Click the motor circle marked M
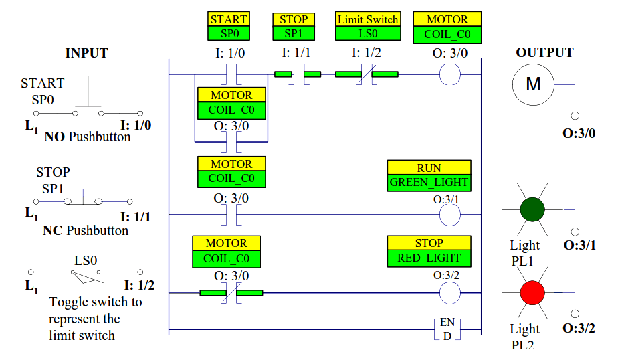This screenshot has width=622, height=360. pyautogui.click(x=533, y=84)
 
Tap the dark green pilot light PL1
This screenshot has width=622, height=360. pyautogui.click(x=532, y=209)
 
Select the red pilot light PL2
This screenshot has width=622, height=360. pyautogui.click(x=532, y=292)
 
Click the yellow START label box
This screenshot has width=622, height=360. pyautogui.click(x=229, y=19)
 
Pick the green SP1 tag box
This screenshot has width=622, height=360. pyautogui.click(x=294, y=33)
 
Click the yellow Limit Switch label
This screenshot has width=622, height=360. pyautogui.click(x=368, y=19)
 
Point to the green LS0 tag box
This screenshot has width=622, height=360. pyautogui.click(x=368, y=33)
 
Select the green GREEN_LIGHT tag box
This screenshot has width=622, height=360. pyautogui.click(x=429, y=183)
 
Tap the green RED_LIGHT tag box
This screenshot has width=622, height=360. pyautogui.click(x=429, y=258)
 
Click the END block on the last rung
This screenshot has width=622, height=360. pyautogui.click(x=447, y=329)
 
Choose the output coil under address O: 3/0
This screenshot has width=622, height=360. pyautogui.click(x=450, y=74)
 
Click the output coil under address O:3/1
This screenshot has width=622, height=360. pyautogui.click(x=450, y=215)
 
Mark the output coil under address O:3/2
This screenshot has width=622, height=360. pyautogui.click(x=450, y=293)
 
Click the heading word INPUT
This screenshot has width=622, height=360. pyautogui.click(x=86, y=53)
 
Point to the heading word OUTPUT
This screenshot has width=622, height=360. pyautogui.click(x=544, y=52)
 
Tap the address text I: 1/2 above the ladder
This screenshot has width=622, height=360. pyautogui.click(x=366, y=52)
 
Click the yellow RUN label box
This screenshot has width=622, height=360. pyautogui.click(x=429, y=167)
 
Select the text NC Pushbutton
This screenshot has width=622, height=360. pyautogui.click(x=86, y=230)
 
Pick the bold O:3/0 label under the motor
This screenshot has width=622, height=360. pyautogui.click(x=579, y=133)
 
